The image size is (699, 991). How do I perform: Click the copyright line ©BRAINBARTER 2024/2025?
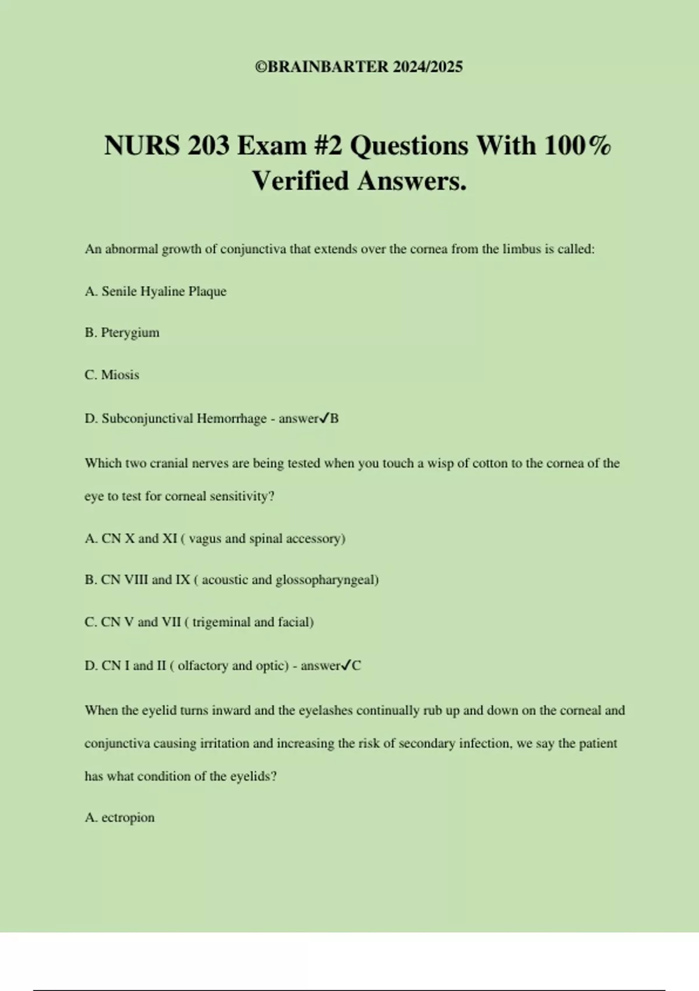(x=359, y=67)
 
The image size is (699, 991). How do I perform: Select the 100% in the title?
(x=577, y=145)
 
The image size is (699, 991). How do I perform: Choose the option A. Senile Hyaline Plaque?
(x=156, y=291)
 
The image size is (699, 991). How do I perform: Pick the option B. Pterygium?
(x=122, y=333)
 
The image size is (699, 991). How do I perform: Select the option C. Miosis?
(x=112, y=375)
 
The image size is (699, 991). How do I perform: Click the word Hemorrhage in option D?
(x=231, y=419)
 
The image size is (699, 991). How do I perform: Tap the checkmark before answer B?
(x=324, y=418)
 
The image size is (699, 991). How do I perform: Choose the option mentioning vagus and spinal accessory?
(x=215, y=539)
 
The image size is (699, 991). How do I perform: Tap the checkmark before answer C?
(x=347, y=665)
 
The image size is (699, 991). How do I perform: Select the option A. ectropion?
(x=120, y=818)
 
